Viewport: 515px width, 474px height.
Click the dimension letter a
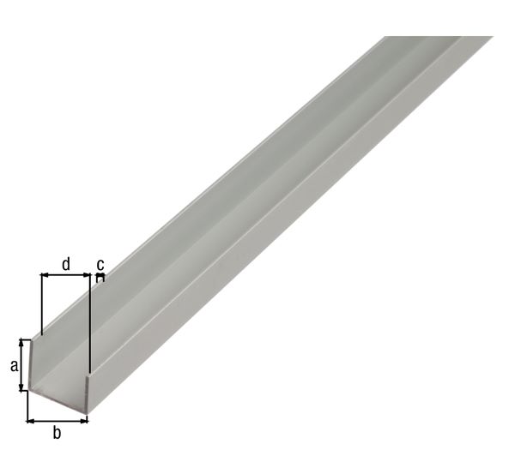(14, 366)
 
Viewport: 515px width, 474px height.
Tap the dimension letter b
(58, 433)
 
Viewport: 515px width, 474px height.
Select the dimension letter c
(100, 263)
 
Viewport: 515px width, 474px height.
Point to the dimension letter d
(66, 264)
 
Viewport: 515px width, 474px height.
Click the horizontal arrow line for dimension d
(66, 275)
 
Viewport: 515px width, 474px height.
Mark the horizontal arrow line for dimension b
(58, 420)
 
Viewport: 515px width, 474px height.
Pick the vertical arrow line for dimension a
(25, 366)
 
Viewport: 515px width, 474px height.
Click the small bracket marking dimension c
(100, 277)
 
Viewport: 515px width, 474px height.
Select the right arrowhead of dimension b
(84, 420)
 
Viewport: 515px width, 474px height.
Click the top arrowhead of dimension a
(25, 344)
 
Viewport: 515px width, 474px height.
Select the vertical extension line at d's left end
(40, 304)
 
